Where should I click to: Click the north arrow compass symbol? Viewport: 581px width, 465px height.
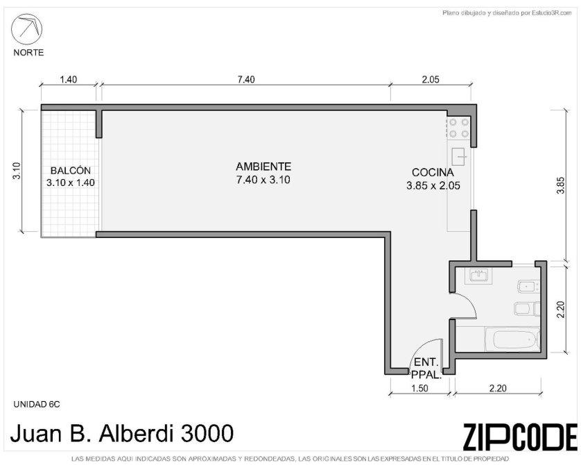coord(26,29)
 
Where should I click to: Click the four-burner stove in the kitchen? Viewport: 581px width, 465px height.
coord(459,128)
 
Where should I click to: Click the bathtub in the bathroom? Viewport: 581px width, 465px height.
coord(512,339)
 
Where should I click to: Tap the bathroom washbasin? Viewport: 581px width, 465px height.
coord(479,275)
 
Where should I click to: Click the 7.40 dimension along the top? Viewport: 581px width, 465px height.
coord(246,79)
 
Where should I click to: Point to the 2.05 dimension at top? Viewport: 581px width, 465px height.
coord(431,79)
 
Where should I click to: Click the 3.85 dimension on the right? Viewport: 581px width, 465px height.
coord(561,185)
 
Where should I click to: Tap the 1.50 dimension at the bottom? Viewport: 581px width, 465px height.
coord(420,388)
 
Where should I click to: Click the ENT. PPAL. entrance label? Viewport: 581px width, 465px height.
coord(426,369)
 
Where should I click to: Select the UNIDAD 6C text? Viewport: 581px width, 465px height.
coord(36,404)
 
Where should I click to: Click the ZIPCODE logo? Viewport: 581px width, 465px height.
coord(520,437)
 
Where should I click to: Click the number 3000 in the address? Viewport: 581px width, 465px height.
coord(207,433)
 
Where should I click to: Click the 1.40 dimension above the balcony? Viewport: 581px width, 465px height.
coord(69,79)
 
